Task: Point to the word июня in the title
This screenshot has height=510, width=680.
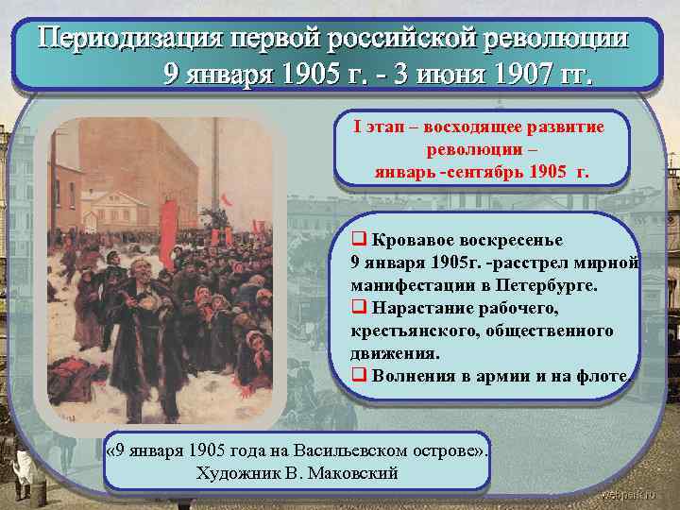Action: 446,74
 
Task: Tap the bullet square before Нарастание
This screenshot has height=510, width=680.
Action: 358,308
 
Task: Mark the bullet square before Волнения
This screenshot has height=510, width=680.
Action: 358,376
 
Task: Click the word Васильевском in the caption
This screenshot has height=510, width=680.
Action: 351,450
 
